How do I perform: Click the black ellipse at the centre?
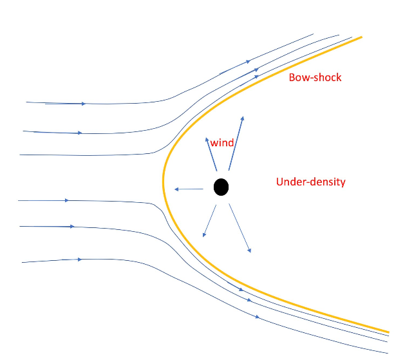tap(221, 187)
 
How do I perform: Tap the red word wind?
tap(221, 142)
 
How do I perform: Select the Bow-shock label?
tap(315, 77)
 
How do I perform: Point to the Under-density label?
tap(310, 182)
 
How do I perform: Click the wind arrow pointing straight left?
tap(189, 189)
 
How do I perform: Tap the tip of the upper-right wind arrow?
tap(243, 117)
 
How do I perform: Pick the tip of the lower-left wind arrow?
tap(203, 236)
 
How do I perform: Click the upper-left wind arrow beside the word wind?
tap(210, 155)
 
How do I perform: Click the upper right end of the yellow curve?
tap(361, 37)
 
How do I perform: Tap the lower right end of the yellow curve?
tap(388, 332)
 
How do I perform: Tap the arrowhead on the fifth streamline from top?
tap(72, 227)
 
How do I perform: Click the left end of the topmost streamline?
tap(26, 102)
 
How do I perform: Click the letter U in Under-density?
tap(279, 182)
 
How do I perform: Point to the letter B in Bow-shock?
tap(291, 77)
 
